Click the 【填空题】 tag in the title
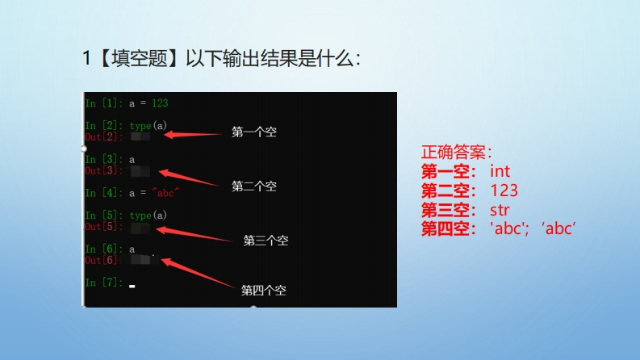coord(139,58)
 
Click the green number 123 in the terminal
coord(160,103)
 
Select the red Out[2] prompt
coord(103,136)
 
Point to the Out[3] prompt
coord(103,170)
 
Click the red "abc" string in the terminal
coord(165,192)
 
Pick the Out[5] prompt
coord(103,227)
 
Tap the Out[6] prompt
coord(102,260)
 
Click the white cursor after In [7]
coord(132,286)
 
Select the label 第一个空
coord(254,132)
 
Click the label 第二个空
coord(254,186)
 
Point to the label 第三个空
coord(266,241)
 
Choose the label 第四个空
coord(263,291)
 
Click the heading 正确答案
coord(456,153)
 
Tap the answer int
coord(500,171)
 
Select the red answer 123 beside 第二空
coord(504,190)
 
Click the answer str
coord(500,210)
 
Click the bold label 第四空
coord(448,228)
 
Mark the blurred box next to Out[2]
coord(140,136)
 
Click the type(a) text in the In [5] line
coord(148,215)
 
